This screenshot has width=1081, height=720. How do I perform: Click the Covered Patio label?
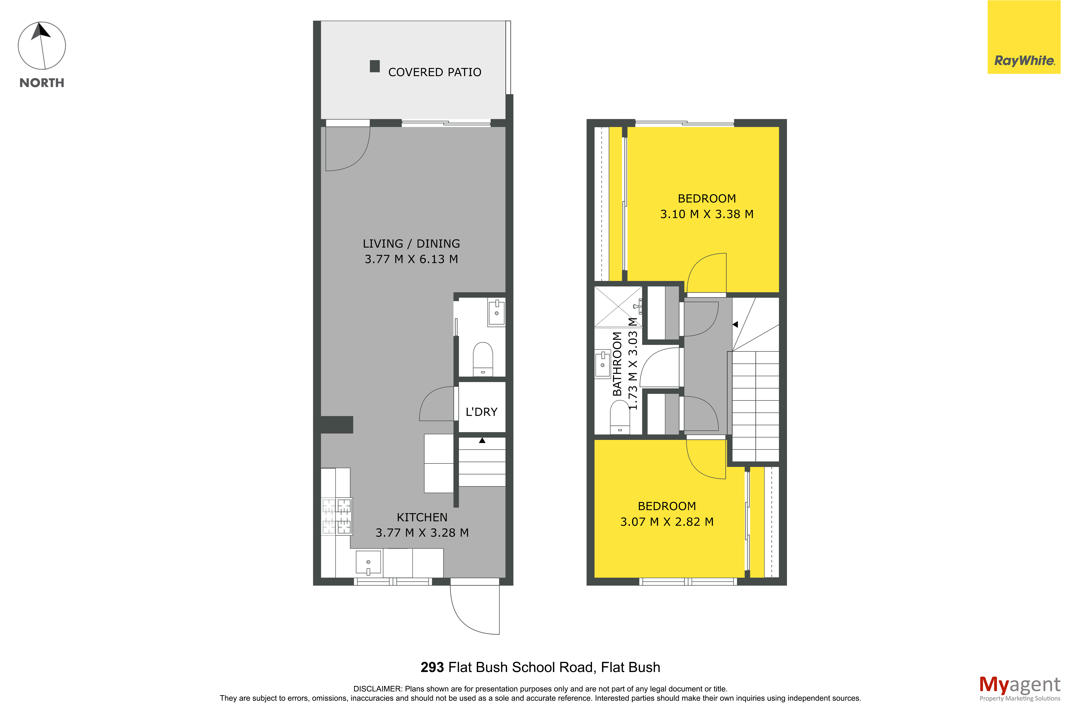pyautogui.click(x=435, y=72)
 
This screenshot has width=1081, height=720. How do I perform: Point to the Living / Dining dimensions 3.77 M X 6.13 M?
pyautogui.click(x=411, y=259)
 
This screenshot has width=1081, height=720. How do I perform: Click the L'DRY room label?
pyautogui.click(x=482, y=412)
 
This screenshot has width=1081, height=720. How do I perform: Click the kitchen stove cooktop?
pyautogui.click(x=337, y=516)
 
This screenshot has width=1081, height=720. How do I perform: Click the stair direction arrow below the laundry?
pyautogui.click(x=482, y=440)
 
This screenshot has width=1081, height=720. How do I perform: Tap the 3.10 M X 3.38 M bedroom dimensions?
pyautogui.click(x=707, y=214)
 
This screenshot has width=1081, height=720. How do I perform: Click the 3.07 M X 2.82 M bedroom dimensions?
pyautogui.click(x=667, y=522)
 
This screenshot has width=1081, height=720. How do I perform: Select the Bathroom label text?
pyautogui.click(x=617, y=364)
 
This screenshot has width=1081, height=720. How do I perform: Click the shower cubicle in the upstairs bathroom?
pyautogui.click(x=618, y=307)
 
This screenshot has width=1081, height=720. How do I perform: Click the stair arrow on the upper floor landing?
pyautogui.click(x=735, y=324)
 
